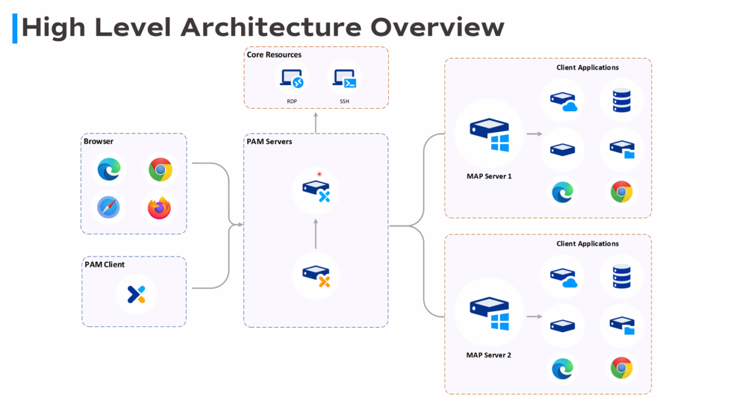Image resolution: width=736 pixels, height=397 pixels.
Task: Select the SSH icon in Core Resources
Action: [x=344, y=79]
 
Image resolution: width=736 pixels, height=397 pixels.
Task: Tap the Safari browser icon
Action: [x=108, y=207]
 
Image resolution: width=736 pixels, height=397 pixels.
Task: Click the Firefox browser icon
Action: [x=160, y=207]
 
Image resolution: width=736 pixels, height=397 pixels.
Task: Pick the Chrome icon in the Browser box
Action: [x=161, y=170]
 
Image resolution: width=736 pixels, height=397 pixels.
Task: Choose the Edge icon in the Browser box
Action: [x=108, y=170]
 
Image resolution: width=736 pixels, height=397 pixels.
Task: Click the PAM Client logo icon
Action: [x=136, y=294]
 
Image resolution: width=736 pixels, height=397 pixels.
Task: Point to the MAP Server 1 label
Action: [x=489, y=176]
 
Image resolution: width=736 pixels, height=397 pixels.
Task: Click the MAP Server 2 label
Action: [x=489, y=355]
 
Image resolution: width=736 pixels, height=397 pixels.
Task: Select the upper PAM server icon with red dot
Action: [x=315, y=189]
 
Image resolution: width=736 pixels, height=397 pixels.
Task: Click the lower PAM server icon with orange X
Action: [x=315, y=275]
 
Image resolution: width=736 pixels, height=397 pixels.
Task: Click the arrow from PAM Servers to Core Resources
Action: [x=315, y=122]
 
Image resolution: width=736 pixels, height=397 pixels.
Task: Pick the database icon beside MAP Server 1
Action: [x=622, y=100]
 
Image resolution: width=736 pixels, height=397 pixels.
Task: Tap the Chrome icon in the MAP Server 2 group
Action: [x=621, y=368]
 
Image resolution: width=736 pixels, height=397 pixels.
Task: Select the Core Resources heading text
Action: [x=274, y=55]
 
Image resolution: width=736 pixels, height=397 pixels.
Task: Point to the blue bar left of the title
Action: [x=15, y=29]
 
